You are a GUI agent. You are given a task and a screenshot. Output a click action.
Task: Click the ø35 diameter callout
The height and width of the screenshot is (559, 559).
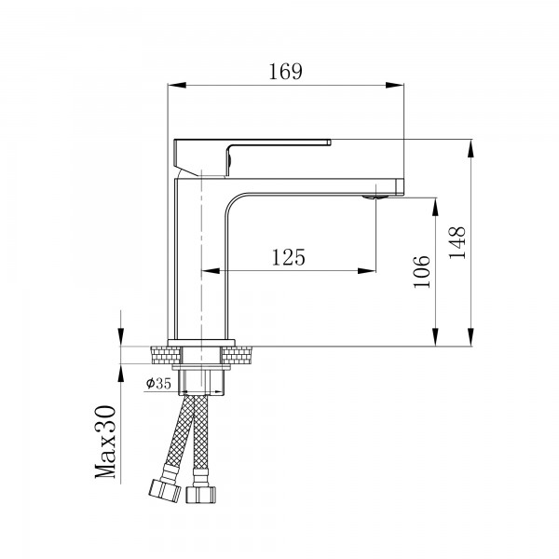click(157, 383)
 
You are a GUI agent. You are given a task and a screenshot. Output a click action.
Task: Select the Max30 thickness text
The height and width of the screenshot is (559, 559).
click(105, 443)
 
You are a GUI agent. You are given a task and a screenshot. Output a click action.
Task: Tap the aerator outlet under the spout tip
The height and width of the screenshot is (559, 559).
click(375, 196)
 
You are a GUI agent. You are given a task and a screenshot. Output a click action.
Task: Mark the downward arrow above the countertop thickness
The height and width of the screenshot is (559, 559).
click(121, 338)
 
